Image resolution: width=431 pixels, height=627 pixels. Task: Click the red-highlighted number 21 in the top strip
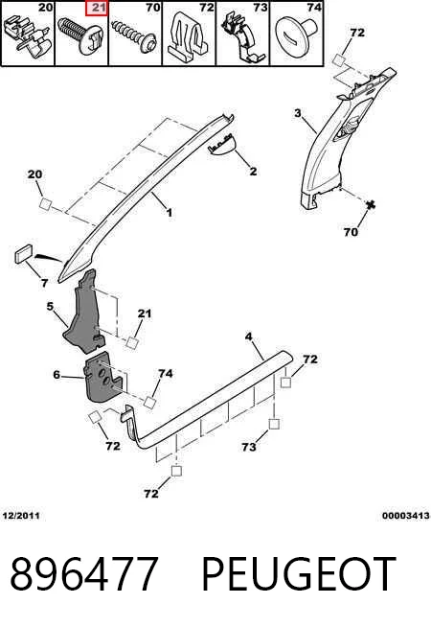(x=97, y=8)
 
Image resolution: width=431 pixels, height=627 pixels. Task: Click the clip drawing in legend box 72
(x=188, y=38)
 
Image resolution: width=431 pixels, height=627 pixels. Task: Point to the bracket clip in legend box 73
(x=242, y=37)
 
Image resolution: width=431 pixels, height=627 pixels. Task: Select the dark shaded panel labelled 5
(x=85, y=313)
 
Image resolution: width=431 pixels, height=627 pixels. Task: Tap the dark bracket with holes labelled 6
(x=103, y=376)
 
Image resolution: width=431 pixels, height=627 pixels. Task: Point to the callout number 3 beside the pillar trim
(x=298, y=113)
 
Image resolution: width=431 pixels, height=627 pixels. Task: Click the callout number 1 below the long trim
(x=170, y=212)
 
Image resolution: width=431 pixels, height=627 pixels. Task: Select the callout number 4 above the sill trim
(x=248, y=337)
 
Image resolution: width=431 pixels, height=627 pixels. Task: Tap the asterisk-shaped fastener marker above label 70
(x=371, y=205)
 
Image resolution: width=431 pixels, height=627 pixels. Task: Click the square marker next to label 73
(x=274, y=424)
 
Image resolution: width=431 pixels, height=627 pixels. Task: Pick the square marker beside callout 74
(x=149, y=403)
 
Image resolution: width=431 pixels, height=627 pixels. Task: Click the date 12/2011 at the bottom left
(x=21, y=516)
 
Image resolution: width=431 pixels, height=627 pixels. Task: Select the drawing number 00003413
(x=405, y=516)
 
